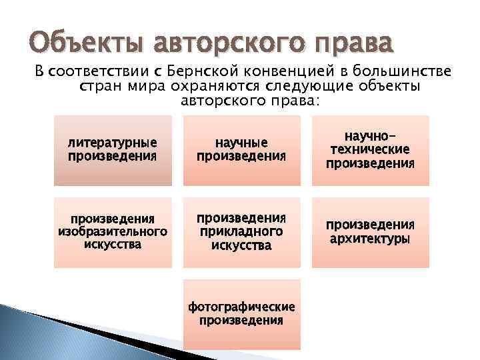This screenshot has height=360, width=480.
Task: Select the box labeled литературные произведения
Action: click(113, 150)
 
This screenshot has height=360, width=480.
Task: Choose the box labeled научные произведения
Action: click(241, 150)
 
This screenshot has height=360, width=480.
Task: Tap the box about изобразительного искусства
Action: click(113, 232)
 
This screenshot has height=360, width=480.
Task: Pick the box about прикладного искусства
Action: click(241, 232)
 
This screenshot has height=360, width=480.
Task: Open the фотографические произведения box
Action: click(241, 313)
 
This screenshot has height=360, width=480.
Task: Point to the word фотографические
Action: click(241, 307)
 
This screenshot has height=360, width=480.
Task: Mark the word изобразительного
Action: click(113, 232)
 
